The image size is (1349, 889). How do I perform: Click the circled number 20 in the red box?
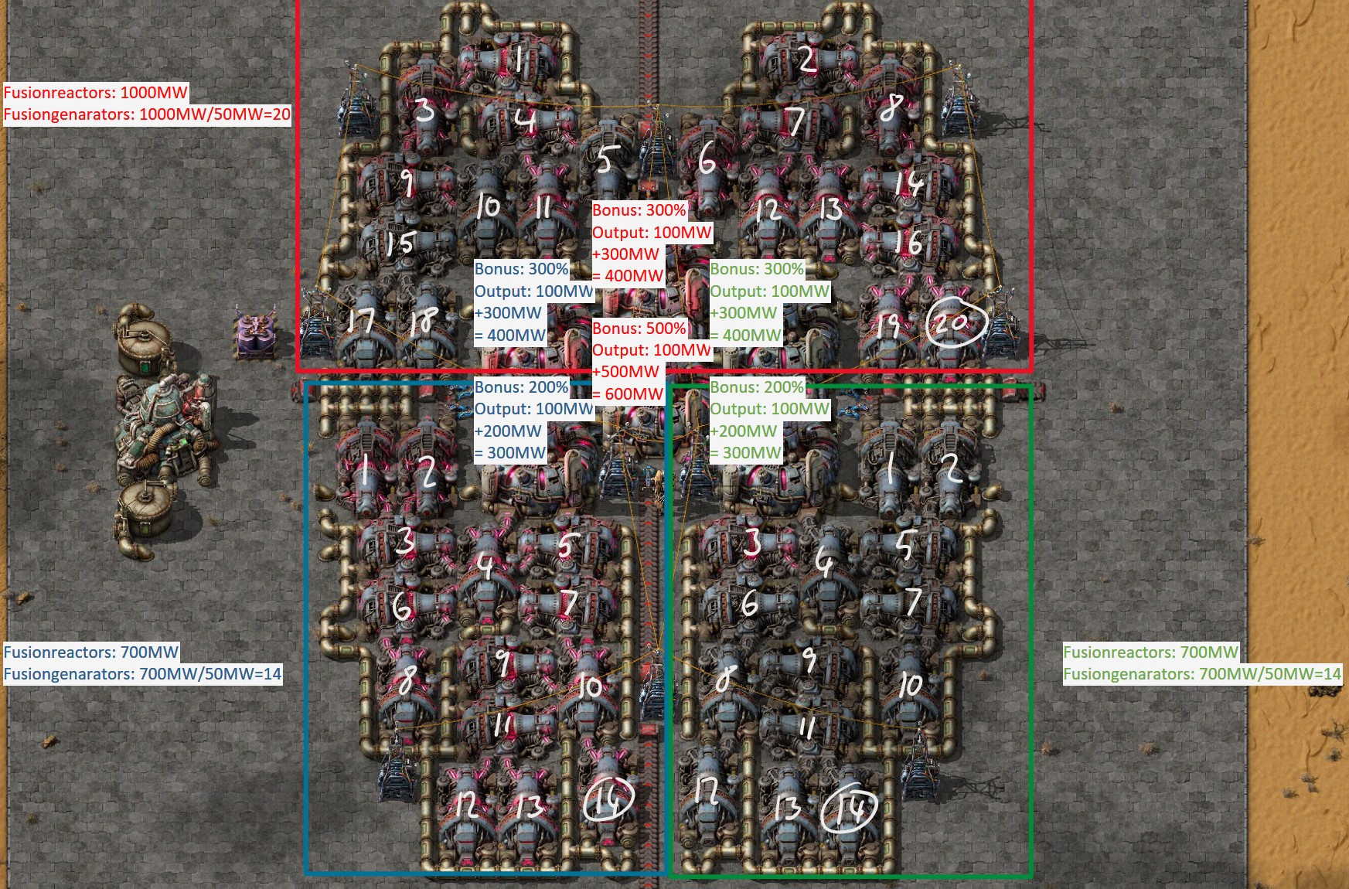tap(956, 322)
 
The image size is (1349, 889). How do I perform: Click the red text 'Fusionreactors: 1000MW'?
tap(96, 93)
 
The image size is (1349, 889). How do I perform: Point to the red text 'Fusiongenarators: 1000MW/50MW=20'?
tap(147, 115)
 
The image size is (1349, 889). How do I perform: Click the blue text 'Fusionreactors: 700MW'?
tap(91, 652)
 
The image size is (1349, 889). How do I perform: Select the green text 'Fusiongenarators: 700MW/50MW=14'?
tap(1201, 674)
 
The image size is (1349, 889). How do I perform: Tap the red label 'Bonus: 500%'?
tap(639, 328)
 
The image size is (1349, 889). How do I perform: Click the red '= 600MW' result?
tap(628, 393)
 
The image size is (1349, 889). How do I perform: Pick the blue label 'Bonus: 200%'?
tap(522, 387)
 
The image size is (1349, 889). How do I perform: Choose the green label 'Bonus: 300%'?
tap(757, 269)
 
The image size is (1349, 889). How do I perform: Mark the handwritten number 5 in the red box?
tap(605, 160)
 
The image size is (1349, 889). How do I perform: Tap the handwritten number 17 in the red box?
tap(361, 320)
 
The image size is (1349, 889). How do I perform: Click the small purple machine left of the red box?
tap(254, 335)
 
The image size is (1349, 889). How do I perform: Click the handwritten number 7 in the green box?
tap(914, 601)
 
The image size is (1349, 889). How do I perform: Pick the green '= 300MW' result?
tap(746, 453)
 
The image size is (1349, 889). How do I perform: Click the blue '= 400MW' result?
tap(510, 335)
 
